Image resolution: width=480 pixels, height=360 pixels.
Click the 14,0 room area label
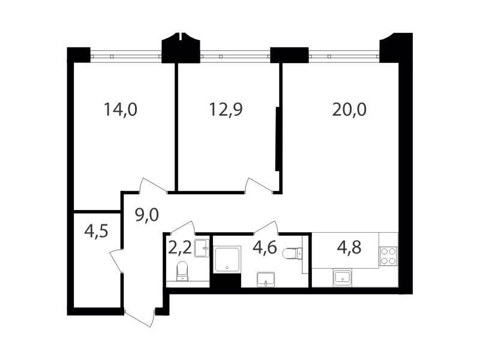(121, 110)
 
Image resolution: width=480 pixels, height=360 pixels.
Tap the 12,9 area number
(226, 110)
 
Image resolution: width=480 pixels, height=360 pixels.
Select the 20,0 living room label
(349, 110)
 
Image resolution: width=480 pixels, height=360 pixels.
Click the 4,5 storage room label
(97, 231)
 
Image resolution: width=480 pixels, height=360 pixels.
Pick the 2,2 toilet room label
(180, 248)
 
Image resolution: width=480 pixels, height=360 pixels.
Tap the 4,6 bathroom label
(265, 247)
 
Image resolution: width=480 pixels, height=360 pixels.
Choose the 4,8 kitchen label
(349, 247)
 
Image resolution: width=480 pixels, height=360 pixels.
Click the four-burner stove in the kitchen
(388, 256)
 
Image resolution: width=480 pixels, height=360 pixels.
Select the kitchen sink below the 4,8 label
(343, 278)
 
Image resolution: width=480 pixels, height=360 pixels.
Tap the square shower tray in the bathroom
(227, 259)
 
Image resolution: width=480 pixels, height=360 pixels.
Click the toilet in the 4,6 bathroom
(292, 254)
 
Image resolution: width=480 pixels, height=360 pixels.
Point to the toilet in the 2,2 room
(182, 271)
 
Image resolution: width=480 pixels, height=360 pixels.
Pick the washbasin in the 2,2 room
(202, 248)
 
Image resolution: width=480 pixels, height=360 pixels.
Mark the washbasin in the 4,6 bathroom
(266, 279)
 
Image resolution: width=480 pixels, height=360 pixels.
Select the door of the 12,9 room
(260, 185)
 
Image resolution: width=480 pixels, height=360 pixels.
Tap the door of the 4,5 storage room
(116, 260)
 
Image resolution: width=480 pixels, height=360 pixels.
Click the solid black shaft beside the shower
(227, 280)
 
